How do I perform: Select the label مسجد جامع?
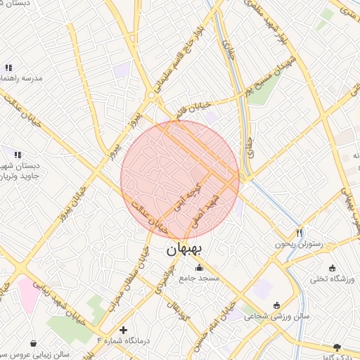coord(199,278)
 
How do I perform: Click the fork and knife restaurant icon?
coord(300,232)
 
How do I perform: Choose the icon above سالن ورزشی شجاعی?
coord(276,305)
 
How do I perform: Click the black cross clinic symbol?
coord(124,329)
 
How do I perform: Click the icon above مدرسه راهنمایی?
coord(8,68)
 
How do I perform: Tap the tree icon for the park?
coord(337,347)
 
